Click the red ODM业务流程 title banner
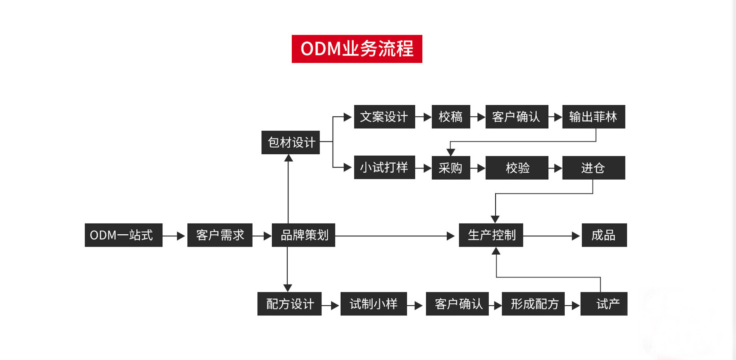(x=357, y=49)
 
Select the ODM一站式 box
(x=123, y=235)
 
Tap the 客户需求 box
(x=219, y=235)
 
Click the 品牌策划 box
(x=303, y=235)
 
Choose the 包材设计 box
(x=290, y=142)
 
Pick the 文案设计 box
(x=384, y=117)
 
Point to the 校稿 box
(x=450, y=117)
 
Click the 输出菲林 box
(x=593, y=117)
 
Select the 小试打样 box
(x=384, y=167)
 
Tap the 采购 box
(x=450, y=167)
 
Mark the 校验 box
(x=517, y=167)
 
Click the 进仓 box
(x=593, y=167)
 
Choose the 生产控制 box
(x=491, y=235)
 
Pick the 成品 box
(x=604, y=235)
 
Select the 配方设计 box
(x=289, y=304)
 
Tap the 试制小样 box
(x=373, y=304)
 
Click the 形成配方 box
(x=533, y=304)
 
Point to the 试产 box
(x=604, y=304)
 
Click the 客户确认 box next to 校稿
(x=517, y=117)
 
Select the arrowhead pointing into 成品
(x=576, y=236)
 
